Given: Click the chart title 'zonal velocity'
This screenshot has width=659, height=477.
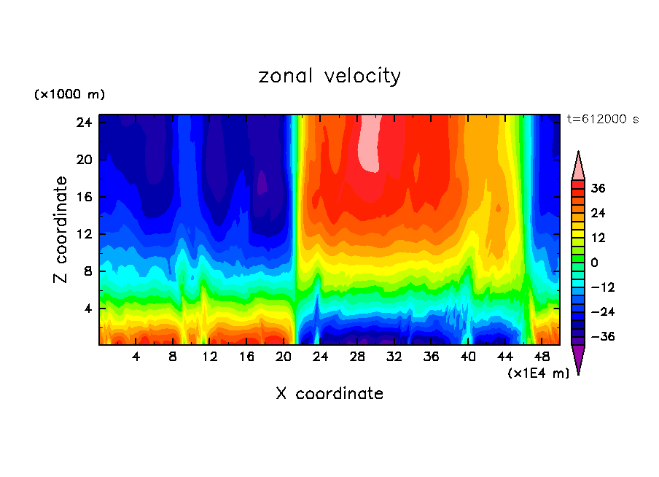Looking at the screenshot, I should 329,76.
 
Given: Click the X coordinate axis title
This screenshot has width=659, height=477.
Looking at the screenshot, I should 329,394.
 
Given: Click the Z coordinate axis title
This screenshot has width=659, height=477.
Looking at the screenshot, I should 61,230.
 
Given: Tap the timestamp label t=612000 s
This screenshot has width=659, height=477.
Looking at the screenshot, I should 602,120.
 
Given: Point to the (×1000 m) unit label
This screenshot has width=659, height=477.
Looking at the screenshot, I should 69,95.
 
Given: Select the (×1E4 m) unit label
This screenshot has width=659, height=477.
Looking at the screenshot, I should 538,373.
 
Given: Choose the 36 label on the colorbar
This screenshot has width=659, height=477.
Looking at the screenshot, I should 598,188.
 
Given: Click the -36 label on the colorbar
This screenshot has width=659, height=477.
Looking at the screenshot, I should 601,337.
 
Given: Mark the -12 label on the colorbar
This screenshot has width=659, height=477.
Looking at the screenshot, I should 601,287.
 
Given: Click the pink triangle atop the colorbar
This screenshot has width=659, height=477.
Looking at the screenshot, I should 578,166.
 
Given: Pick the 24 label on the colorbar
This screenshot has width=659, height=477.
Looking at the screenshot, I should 598,213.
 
